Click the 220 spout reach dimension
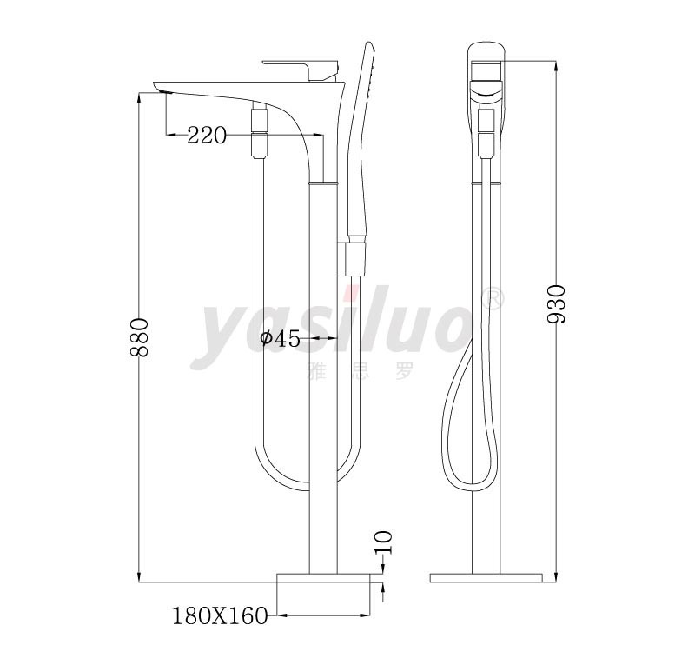click(x=207, y=135)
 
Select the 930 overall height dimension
click(x=557, y=304)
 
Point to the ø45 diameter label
click(x=280, y=338)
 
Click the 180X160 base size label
click(x=220, y=615)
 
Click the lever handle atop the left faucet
click(x=301, y=69)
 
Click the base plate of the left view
click(x=323, y=577)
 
